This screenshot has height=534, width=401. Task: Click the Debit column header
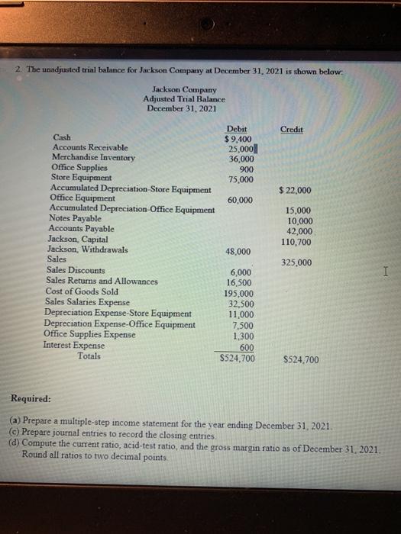click(x=236, y=130)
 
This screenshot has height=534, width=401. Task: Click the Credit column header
click(x=292, y=130)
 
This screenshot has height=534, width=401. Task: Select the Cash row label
click(x=62, y=137)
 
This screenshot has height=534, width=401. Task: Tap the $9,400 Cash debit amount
click(x=238, y=140)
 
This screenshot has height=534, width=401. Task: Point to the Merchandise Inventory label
click(x=92, y=157)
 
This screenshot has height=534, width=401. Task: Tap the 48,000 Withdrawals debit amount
click(x=238, y=251)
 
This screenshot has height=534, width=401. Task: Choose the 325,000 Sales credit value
click(x=296, y=262)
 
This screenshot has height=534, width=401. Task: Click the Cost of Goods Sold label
click(x=82, y=291)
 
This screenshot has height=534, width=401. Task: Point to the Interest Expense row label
click(x=76, y=345)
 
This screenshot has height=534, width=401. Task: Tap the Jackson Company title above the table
click(x=184, y=90)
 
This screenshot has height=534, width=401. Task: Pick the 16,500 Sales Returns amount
click(x=241, y=282)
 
